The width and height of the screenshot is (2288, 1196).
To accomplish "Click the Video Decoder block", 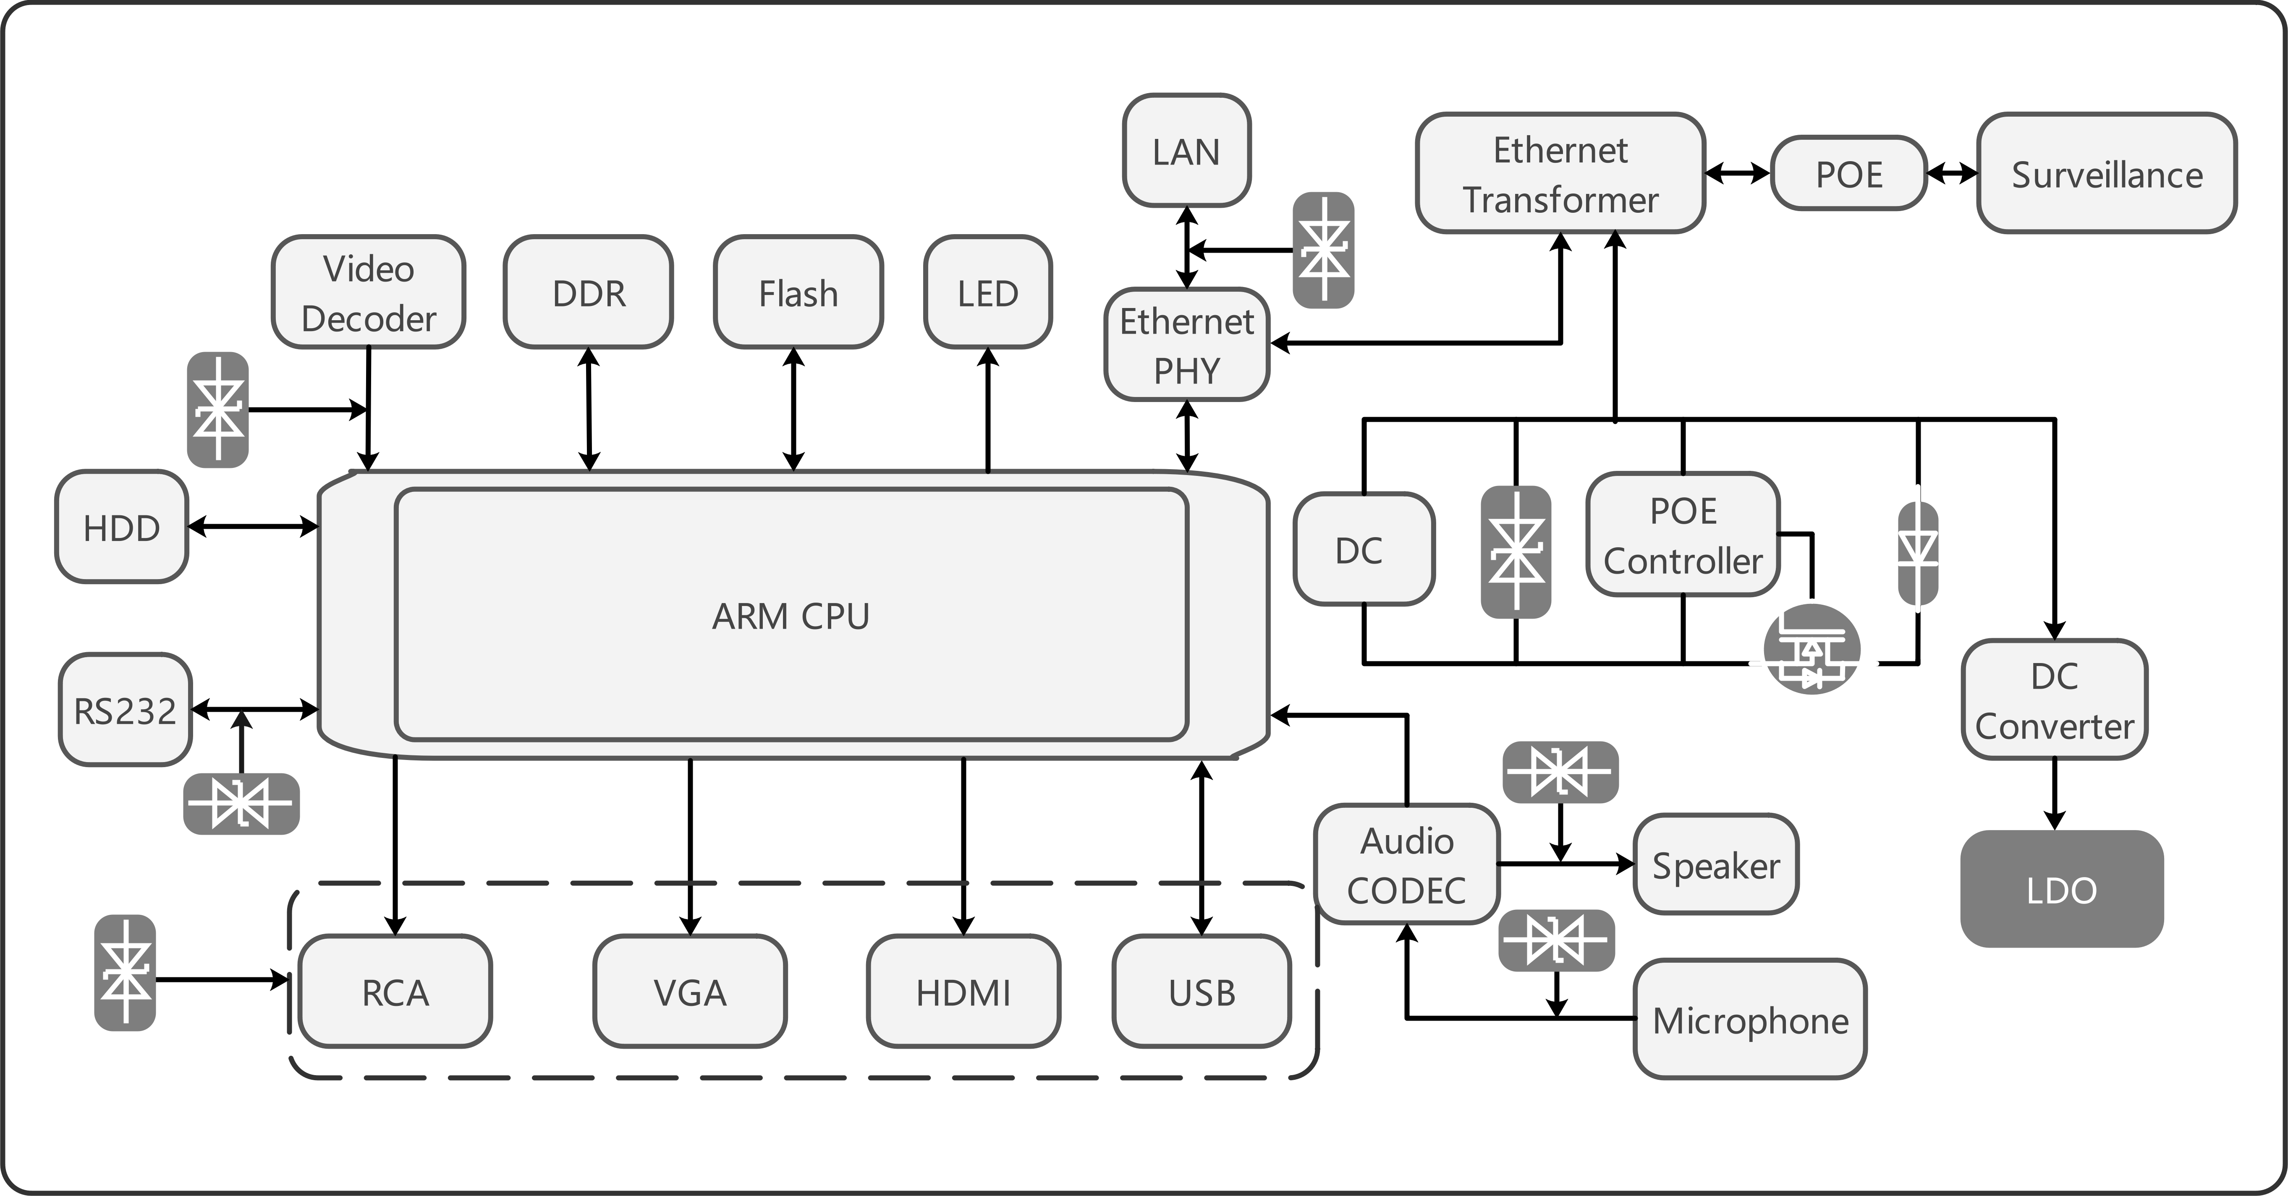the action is pos(368,292).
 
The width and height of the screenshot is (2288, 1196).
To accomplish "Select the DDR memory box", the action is pos(588,292).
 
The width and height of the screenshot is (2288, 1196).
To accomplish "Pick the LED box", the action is pos(988,292).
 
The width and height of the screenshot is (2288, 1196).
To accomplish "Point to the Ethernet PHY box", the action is pos(1187,345).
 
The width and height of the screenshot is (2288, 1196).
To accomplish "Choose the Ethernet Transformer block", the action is pos(1560,173).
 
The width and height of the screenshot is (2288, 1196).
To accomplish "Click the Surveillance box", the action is pos(2107,173).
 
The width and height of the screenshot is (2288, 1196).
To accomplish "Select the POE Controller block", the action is pos(1683,535).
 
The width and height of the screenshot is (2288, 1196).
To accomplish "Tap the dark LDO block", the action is pos(2062,889).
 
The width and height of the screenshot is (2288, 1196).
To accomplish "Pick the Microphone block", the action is pos(1750,1019).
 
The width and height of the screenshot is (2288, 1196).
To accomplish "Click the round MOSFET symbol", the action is pos(1812,649).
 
